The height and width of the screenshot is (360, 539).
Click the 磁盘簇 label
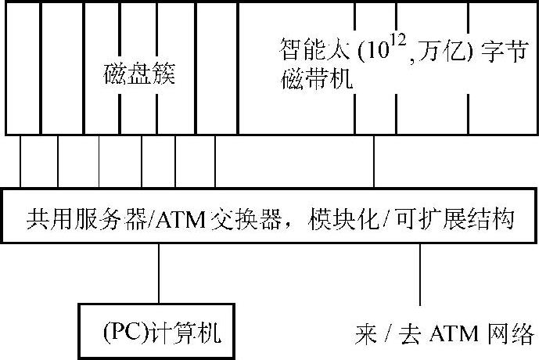point(139,76)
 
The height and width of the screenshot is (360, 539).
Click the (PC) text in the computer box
point(121,334)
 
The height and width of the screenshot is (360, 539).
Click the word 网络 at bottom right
point(512,334)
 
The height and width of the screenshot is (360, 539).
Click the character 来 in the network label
point(366,334)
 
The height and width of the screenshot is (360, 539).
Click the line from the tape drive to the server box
point(376,161)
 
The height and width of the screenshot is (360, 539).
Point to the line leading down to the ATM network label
point(422,274)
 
